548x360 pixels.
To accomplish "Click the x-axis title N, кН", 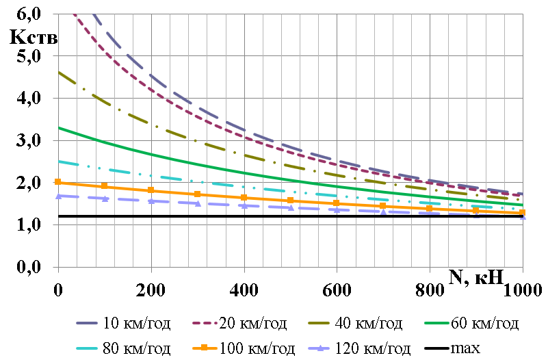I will point(477,276).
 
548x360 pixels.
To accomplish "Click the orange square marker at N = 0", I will point(58,182).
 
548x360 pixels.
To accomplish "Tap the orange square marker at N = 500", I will point(291,200).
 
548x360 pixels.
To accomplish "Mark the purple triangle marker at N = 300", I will point(198,203).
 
